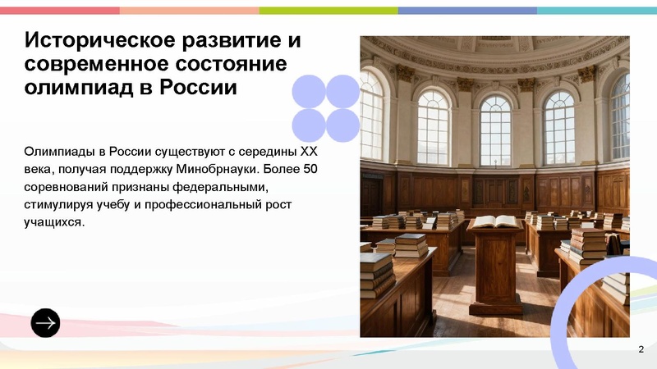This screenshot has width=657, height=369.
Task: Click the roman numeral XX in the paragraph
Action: click(x=308, y=152)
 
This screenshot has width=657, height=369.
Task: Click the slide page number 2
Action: click(x=640, y=351)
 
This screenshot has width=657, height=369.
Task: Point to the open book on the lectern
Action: click(x=496, y=221)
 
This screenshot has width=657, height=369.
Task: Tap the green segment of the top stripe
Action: click(x=328, y=11)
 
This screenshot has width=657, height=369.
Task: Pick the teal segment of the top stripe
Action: click(x=597, y=11)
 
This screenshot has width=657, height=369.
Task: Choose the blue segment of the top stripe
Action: click(x=467, y=11)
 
